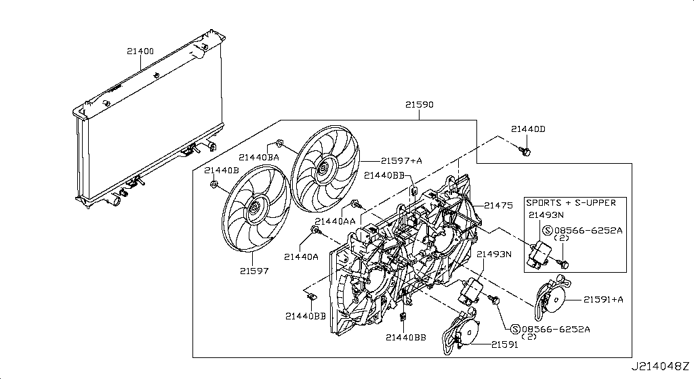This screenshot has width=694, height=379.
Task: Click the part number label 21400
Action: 140,51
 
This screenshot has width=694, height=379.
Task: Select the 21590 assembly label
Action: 420,106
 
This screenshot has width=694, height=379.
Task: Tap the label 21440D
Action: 528,129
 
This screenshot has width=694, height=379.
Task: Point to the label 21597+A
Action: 401,160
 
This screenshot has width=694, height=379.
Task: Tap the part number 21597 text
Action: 253,271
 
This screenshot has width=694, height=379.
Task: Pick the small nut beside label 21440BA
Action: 279,144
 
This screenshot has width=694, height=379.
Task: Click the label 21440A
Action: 301,257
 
